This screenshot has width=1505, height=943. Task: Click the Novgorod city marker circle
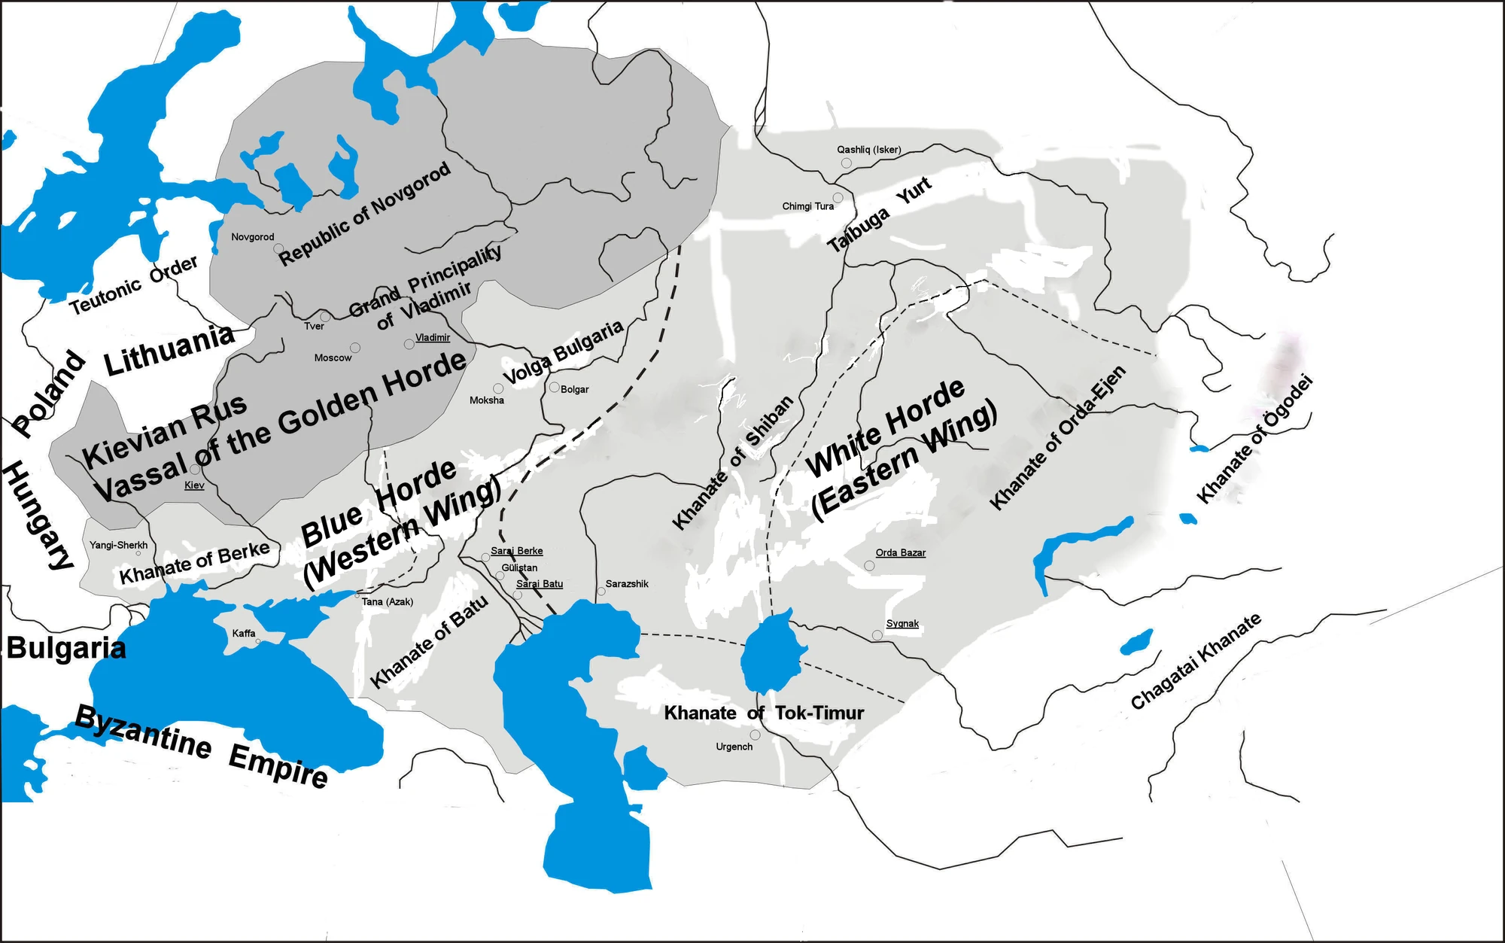278,248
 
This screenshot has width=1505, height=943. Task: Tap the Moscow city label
333,357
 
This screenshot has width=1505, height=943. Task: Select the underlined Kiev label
194,485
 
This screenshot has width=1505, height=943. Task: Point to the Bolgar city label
574,389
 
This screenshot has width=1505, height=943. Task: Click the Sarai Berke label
517,551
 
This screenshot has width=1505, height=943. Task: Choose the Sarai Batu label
540,584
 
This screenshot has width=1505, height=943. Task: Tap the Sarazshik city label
627,584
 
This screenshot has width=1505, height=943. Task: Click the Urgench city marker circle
755,735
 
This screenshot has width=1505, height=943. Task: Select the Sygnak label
902,624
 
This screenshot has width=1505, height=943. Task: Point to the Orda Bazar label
901,553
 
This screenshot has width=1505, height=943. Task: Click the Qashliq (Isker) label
869,150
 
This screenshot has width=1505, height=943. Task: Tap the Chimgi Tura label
808,206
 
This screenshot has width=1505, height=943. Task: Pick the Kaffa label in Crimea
244,634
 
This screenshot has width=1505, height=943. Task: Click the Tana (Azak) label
388,602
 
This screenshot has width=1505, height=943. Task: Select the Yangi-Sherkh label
118,546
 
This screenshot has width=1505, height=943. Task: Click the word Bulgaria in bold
66,648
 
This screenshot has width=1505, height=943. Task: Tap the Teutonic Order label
134,284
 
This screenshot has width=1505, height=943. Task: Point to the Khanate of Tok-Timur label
764,713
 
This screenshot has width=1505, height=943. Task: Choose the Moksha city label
487,400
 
